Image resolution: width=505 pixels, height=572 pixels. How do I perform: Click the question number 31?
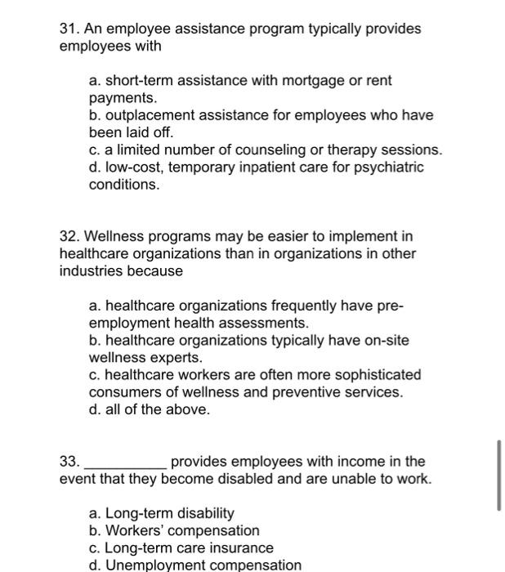(69, 29)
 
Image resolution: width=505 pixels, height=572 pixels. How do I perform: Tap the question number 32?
(69, 236)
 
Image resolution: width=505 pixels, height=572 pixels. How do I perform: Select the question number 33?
(69, 462)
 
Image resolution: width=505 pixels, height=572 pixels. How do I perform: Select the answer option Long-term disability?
(162, 513)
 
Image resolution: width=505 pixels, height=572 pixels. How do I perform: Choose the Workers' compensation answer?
(174, 530)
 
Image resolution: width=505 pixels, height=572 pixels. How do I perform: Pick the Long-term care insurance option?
(181, 547)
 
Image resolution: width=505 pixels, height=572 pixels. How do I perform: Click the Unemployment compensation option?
(195, 565)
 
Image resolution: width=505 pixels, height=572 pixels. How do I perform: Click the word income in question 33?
(369, 462)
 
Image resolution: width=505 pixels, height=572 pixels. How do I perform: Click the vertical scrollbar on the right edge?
(498, 476)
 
